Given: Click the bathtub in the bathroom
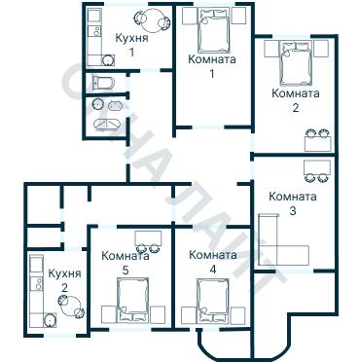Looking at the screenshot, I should (107, 127).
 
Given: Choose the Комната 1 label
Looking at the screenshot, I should (211, 66).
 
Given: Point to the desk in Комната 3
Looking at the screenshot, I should (314, 170).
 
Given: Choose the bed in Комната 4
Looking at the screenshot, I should (211, 299).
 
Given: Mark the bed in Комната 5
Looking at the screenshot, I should (132, 298).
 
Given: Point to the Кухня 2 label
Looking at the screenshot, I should (64, 281).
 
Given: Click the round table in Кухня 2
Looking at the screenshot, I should (64, 302).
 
